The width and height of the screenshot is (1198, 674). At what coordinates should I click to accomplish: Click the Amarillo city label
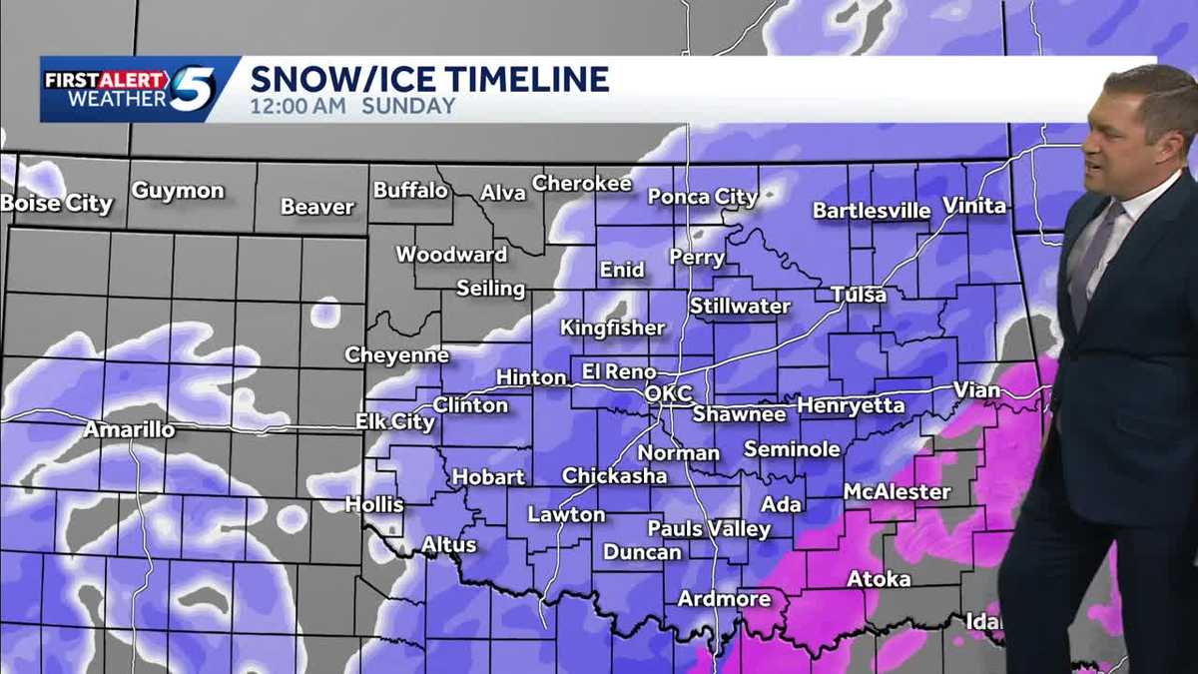[129, 429]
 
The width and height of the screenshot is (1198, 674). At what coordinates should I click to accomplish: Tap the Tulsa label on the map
[859, 295]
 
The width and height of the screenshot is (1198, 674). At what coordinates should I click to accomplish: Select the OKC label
[669, 393]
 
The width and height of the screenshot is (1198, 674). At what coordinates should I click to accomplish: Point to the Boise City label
[57, 204]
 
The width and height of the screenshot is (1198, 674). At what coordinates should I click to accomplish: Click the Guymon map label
[178, 191]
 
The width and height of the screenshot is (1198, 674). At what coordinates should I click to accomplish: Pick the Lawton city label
[566, 515]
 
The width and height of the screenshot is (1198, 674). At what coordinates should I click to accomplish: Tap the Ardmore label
[724, 599]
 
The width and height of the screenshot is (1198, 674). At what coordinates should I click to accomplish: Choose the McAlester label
[898, 492]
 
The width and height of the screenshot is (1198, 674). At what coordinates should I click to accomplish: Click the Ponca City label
[703, 197]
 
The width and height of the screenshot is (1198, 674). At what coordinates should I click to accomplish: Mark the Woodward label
[451, 255]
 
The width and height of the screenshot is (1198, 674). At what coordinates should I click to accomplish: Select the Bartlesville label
[872, 211]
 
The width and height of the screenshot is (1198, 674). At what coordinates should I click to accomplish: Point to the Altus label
[448, 545]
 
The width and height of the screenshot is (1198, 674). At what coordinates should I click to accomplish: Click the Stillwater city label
[740, 307]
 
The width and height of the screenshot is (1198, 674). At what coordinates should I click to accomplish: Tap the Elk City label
[395, 422]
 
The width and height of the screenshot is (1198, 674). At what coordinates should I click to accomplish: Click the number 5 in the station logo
[193, 89]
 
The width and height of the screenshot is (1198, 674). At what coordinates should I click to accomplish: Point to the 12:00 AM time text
[297, 106]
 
